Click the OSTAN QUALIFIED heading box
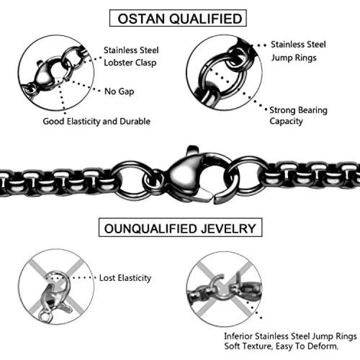point(178,19)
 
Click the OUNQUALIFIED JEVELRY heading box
point(180,228)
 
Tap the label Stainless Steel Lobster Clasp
point(131,56)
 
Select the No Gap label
point(119,91)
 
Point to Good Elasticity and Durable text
point(96,121)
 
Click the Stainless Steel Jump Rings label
point(298,51)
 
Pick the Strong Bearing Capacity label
point(298,116)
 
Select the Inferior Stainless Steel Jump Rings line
point(290,336)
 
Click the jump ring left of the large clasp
point(131,176)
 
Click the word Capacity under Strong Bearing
point(286,121)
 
